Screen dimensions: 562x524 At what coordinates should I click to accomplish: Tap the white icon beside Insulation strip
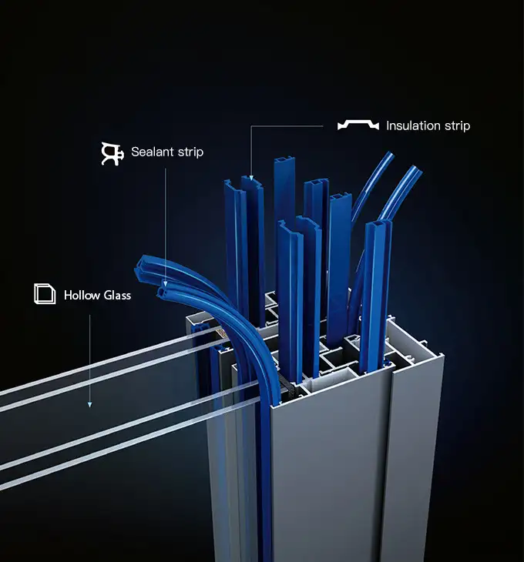coord(358,125)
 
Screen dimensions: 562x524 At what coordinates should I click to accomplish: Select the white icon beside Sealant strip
coord(113,153)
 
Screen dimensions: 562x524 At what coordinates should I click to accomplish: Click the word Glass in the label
coord(116,295)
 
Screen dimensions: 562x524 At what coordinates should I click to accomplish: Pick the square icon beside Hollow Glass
coord(45,294)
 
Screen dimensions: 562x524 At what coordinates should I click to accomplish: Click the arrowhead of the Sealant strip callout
coord(166,283)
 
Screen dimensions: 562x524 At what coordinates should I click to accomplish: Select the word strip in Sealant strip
coord(190,152)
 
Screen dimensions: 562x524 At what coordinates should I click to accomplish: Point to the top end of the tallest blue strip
coord(284,162)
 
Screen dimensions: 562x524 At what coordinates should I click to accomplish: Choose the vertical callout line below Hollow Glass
coord(89,354)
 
